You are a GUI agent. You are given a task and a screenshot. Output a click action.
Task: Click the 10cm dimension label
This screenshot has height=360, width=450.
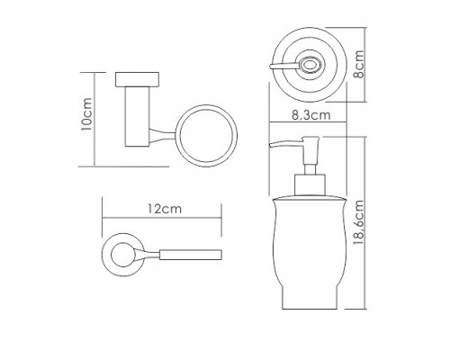click(x=86, y=114)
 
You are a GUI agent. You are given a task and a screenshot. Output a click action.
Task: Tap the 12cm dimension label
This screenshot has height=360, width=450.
click(x=165, y=209)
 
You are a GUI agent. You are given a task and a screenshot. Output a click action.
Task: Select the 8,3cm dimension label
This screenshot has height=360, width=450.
click(x=311, y=115)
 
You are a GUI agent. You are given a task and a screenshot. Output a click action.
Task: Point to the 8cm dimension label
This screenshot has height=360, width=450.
click(x=358, y=64)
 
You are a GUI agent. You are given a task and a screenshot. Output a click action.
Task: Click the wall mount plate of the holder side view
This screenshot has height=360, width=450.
click(x=137, y=79)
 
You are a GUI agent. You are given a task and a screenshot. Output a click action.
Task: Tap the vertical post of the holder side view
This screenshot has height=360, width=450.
click(x=137, y=117)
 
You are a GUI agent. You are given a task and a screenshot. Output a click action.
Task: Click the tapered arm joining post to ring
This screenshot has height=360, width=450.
click(x=162, y=135)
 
